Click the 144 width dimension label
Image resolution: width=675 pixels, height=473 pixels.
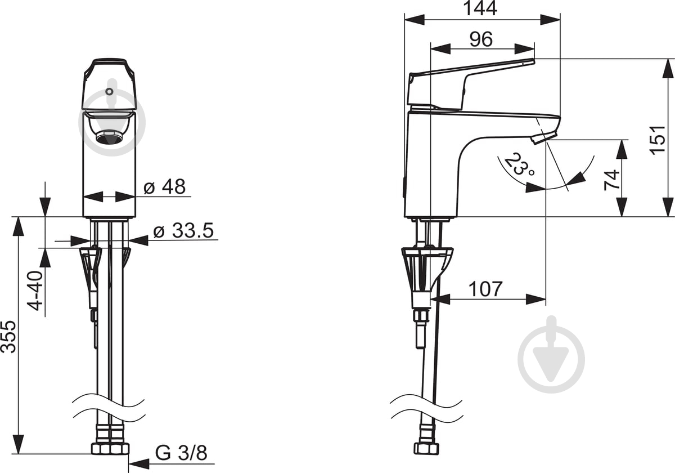480,8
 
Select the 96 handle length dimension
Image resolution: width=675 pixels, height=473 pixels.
481,39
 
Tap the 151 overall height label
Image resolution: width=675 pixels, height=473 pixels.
658,140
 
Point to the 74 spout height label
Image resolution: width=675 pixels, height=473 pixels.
611,180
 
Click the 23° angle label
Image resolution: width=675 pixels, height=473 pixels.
520,164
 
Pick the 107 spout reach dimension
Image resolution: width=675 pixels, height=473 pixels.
485,289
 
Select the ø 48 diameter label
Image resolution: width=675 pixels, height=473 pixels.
164,186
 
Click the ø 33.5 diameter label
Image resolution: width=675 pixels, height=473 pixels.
183,230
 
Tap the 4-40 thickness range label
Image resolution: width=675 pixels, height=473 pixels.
35,291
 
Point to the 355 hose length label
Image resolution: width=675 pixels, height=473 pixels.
8,337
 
